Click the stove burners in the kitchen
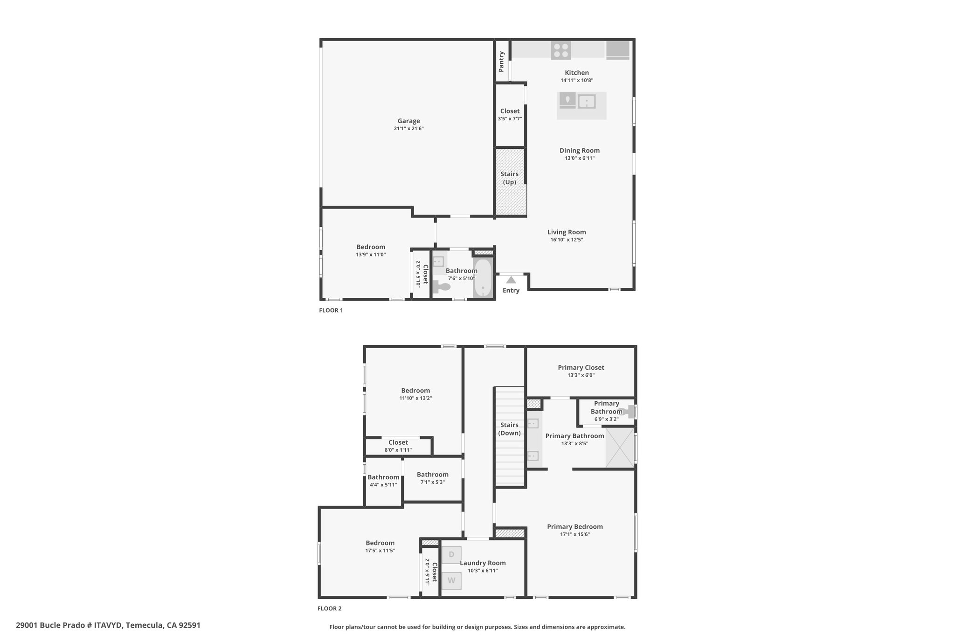561,50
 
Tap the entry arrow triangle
511,280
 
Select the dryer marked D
451,555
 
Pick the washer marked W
451,581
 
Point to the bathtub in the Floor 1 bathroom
483,278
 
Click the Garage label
408,121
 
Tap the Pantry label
501,62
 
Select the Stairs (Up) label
510,178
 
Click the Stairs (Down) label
509,429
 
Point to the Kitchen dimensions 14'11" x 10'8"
577,80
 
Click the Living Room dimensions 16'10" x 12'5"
567,240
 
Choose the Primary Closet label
581,368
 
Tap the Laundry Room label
483,563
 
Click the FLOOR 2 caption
330,609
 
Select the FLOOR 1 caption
331,310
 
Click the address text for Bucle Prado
108,625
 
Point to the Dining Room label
580,151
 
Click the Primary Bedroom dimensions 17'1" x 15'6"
575,534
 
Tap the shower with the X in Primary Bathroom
620,448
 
